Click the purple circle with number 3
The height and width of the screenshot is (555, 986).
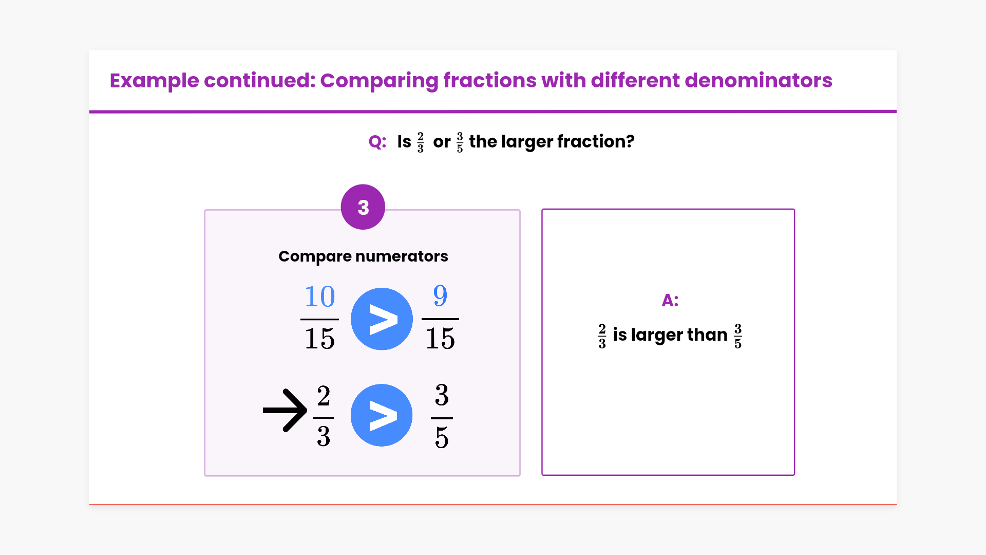363,207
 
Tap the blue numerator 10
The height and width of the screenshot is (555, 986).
319,297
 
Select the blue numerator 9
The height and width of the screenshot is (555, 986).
440,296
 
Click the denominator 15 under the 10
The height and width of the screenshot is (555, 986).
319,338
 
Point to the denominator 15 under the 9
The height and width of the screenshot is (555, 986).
440,338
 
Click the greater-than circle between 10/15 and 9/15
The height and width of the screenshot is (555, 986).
382,319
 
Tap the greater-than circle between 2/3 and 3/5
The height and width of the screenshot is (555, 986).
382,415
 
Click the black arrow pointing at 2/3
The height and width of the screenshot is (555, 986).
285,410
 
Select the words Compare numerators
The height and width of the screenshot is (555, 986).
363,256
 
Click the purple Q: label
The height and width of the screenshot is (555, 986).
377,142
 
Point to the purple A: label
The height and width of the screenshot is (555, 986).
670,300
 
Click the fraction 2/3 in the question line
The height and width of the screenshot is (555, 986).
421,142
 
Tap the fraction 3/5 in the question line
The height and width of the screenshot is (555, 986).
460,142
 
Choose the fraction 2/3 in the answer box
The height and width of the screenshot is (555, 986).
602,336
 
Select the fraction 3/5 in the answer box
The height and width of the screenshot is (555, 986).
738,336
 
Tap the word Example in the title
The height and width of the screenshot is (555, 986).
154,81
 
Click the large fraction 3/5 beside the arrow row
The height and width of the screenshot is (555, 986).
442,416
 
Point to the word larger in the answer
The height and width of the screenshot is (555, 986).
657,335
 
